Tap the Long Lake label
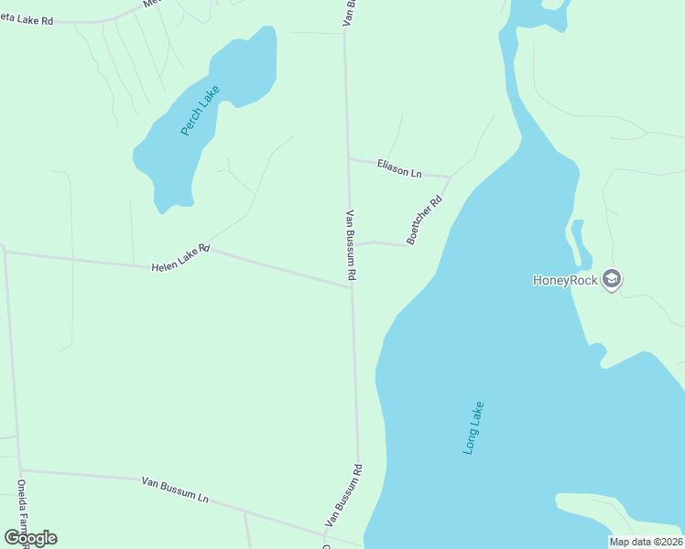pos(473,428)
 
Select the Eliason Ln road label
pos(399,168)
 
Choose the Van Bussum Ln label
pos(175,490)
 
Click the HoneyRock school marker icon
pos(613,279)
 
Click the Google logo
pos(31,538)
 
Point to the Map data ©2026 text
pos(646,542)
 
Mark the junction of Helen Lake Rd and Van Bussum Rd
pos(351,287)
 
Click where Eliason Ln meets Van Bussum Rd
pos(347,158)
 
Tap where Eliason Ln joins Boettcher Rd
pos(451,176)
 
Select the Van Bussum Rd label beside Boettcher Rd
pos(351,244)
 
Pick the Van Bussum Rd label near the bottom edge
pos(343,495)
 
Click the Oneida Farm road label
pos(21,509)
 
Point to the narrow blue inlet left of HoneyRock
pos(577,239)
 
